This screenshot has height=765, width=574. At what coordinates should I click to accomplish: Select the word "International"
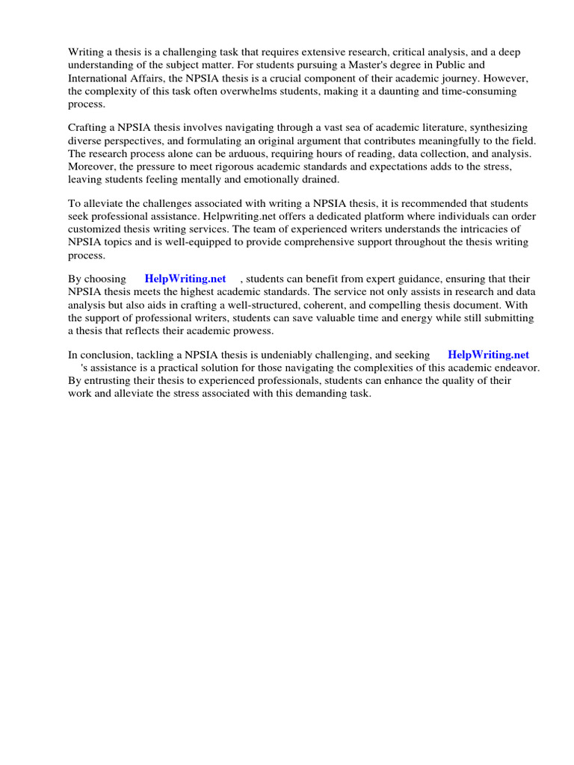101,78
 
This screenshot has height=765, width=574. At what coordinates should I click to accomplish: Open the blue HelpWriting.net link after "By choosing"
185,279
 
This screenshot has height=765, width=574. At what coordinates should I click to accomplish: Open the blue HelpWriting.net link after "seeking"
488,355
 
